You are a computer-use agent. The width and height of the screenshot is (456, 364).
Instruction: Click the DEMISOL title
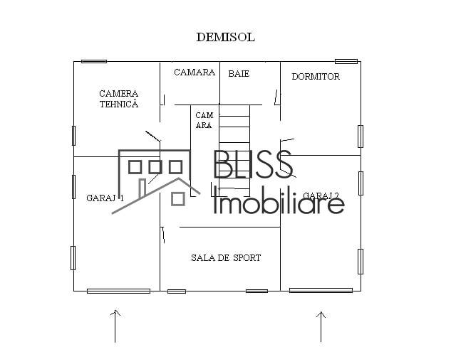click(225, 37)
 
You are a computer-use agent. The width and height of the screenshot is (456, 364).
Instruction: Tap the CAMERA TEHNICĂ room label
click(118, 99)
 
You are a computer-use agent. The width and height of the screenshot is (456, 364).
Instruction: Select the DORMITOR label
click(316, 77)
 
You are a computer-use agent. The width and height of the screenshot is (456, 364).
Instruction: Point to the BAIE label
click(239, 73)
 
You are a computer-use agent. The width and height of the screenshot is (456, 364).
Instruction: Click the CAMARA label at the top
click(195, 73)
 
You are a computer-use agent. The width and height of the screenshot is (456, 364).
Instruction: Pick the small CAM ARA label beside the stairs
click(204, 120)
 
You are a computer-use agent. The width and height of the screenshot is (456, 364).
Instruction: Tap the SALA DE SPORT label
click(226, 258)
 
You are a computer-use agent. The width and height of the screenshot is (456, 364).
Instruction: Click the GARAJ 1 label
click(105, 198)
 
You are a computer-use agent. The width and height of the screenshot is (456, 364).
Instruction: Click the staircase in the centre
click(234, 149)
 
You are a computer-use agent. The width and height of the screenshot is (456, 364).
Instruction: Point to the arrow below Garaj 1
click(115, 326)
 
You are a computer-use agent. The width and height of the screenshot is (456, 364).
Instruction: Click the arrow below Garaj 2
click(321, 326)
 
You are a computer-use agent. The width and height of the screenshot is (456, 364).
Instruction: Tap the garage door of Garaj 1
click(118, 291)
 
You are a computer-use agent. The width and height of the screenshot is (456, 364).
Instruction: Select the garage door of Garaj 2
click(321, 290)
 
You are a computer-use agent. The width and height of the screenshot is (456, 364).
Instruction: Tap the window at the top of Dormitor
click(346, 61)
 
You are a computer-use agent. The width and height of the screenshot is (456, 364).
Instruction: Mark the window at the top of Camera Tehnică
click(94, 61)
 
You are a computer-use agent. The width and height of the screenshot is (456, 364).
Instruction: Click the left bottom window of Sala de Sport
click(177, 291)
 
